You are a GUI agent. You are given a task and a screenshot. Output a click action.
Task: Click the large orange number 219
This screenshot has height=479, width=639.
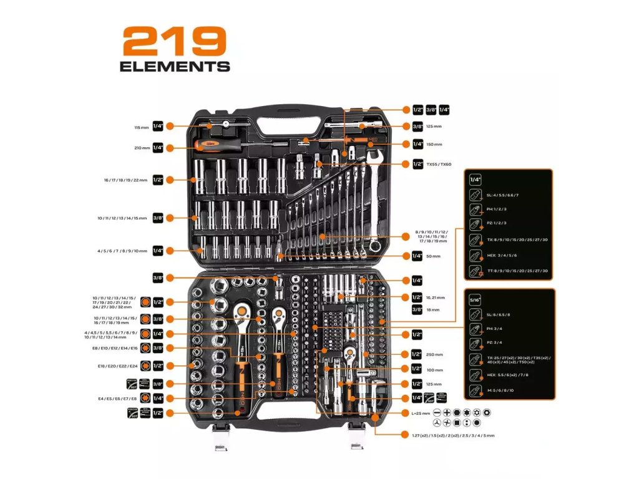coord(174,42)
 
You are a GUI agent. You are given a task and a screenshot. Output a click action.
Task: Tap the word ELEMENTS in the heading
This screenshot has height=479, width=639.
coord(175,66)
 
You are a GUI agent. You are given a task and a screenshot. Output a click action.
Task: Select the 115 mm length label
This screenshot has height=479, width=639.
coord(142,127)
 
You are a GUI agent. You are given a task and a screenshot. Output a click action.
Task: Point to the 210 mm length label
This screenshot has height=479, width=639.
coord(142,148)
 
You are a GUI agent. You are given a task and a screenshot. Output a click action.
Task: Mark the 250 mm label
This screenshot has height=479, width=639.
coord(434,354)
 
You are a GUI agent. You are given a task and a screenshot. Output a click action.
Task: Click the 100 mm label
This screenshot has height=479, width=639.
coord(434,369)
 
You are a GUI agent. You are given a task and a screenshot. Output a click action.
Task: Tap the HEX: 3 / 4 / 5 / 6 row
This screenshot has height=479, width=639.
coord(500,256)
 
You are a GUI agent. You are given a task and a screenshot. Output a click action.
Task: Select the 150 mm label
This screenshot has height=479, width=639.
coord(434,144)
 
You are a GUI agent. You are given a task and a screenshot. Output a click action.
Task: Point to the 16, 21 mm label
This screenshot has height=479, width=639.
coord(437,298)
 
